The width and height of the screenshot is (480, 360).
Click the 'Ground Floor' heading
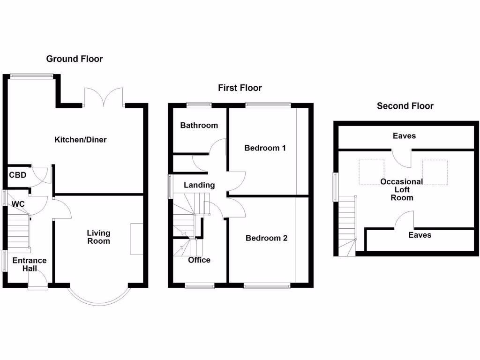tap(74, 59)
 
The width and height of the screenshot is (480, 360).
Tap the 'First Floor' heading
tap(240, 88)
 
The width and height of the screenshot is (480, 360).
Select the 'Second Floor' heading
tap(405, 106)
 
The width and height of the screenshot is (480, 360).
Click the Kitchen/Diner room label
tap(81, 140)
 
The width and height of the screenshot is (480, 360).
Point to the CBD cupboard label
tap(17, 175)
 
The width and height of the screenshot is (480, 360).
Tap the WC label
tap(18, 204)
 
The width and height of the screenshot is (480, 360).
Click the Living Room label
tap(98, 237)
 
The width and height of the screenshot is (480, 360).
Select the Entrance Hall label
tap(29, 264)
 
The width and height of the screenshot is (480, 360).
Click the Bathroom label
tap(199, 126)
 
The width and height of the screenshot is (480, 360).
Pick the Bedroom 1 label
tap(265, 148)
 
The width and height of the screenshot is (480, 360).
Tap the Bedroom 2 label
tap(266, 238)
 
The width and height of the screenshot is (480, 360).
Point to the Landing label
tap(199, 185)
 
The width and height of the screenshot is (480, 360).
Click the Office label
tap(199, 260)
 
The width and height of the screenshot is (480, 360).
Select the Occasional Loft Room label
tap(402, 189)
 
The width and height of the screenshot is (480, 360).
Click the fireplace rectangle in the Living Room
tap(137, 239)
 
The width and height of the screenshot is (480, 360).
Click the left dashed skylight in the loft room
tap(371, 172)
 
